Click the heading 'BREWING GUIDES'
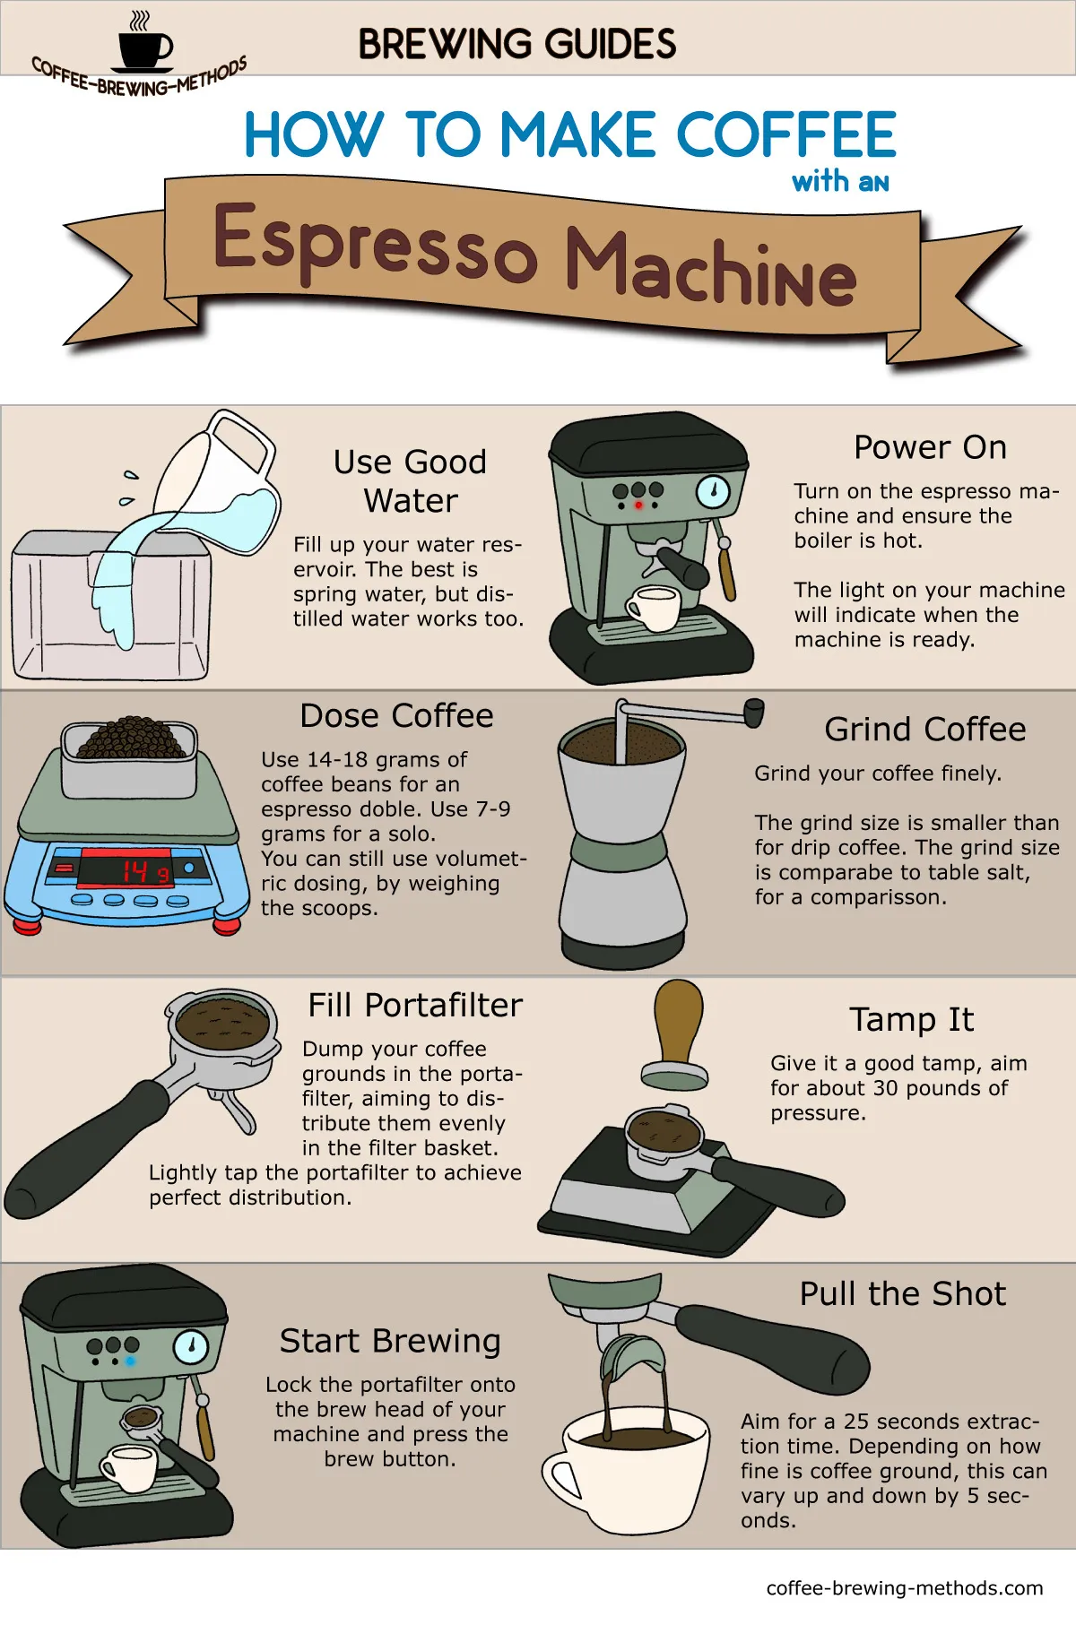pos(517,44)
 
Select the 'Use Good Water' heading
pos(410,481)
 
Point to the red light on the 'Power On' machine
pos(638,506)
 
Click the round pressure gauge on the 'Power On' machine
pos(713,491)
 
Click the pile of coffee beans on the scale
pos(131,739)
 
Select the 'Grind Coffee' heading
pos(924,730)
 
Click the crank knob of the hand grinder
pos(754,713)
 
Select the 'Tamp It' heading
pos(911,1020)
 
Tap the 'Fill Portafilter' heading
pos(415,1006)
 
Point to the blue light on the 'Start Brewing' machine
pos(131,1361)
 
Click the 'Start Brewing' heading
pos(390,1341)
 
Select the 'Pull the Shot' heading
pos(902,1294)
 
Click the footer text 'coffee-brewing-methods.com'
pos(904,1588)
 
